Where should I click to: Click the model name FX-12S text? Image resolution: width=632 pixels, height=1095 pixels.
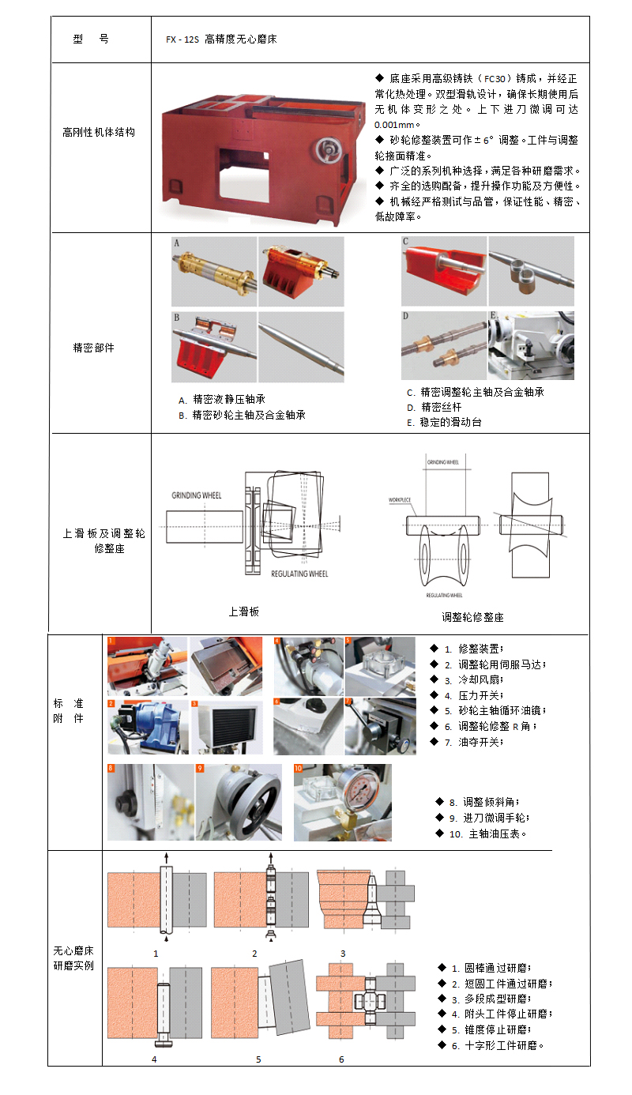pos(182,39)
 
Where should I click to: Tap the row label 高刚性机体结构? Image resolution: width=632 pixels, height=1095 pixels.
pos(99,132)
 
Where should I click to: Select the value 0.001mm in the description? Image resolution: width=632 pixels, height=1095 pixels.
pos(397,125)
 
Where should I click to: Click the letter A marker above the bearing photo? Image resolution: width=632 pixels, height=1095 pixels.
pos(177,242)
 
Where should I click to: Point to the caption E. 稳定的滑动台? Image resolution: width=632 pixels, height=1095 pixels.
pos(444,422)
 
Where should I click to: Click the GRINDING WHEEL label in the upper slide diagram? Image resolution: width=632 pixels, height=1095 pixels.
pos(197,496)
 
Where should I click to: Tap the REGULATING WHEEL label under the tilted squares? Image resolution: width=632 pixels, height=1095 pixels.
pos(299,574)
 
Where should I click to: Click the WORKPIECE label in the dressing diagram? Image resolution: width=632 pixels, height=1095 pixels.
pos(399,500)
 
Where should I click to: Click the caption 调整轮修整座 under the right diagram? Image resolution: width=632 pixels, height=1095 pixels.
pos(472,617)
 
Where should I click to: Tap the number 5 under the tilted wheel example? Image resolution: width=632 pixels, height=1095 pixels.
pos(258,1059)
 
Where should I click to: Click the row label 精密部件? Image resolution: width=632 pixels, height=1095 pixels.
pos(93,348)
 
